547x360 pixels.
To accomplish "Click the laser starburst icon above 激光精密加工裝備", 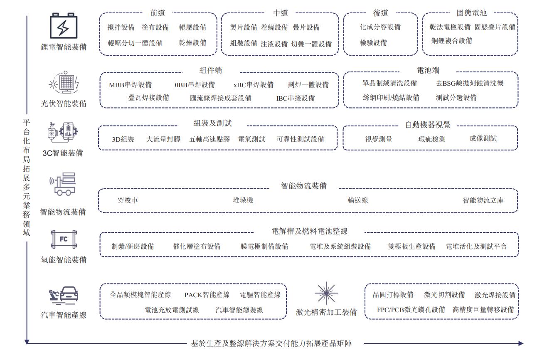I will tap(326, 293).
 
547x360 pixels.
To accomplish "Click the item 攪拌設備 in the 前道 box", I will tap(121, 27).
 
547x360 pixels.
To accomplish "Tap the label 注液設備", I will tap(274, 44).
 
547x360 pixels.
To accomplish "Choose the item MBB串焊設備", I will tap(130, 85).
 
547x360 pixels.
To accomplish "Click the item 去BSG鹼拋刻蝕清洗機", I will tap(469, 83).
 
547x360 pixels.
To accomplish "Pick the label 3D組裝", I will tap(123, 139).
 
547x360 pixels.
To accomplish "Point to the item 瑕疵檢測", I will tap(431, 139).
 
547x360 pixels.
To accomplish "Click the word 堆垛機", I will tap(243, 200).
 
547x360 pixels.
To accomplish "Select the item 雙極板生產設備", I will tap(411, 246).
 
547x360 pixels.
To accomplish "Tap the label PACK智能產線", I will tap(207, 295).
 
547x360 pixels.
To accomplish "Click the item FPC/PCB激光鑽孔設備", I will tap(411, 310).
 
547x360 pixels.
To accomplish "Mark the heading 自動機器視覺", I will tap(428, 125).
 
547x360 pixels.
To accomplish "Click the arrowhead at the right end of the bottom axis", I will tap(521, 343).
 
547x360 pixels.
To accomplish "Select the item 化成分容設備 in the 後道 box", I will tap(380, 27).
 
